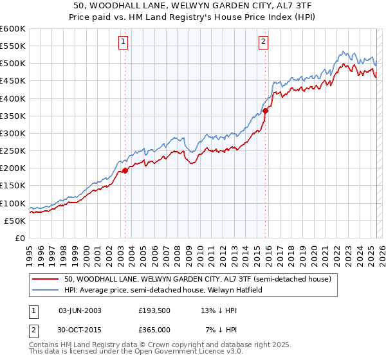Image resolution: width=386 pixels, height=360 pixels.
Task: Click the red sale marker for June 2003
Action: click(125, 170)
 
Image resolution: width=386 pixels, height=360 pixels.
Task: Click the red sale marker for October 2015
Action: click(266, 111)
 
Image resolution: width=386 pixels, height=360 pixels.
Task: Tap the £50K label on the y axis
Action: click(15, 221)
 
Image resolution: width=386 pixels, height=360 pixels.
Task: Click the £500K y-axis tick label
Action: click(12, 64)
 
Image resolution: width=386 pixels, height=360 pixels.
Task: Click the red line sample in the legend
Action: click(46, 280)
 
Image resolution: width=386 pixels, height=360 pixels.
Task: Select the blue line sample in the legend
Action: click(46, 291)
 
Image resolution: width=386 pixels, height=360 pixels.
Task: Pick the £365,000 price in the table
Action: click(154, 330)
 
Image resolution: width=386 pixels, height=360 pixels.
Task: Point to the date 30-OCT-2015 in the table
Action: click(80, 330)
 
